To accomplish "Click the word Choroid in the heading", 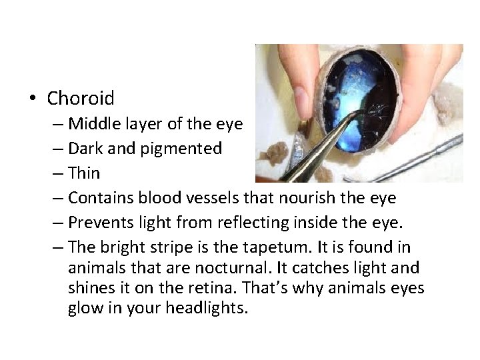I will (x=81, y=99).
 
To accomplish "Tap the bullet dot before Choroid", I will (x=32, y=99).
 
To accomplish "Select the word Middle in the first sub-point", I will (x=92, y=124).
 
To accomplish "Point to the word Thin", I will (x=84, y=173).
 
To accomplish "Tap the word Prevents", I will (x=97, y=223).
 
